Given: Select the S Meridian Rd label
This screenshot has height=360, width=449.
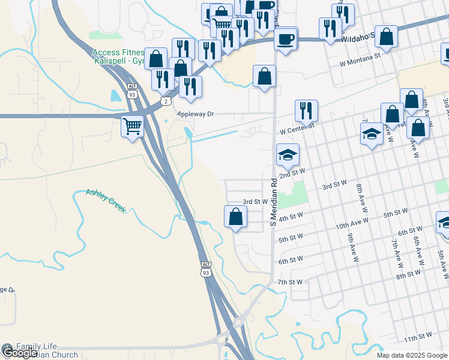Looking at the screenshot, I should coord(273,201).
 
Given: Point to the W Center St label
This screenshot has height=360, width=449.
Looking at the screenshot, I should coord(297,130).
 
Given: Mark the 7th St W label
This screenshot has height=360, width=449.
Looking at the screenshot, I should coord(290,281).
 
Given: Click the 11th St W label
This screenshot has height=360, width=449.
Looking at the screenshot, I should coord(418,339).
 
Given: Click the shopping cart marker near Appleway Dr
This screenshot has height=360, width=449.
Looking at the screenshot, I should coord(132,126).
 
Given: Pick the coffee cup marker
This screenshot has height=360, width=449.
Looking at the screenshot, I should coord(285,39).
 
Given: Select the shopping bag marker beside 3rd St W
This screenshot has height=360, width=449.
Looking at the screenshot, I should coord(236,216).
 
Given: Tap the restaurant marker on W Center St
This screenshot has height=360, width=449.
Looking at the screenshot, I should coord(306,110).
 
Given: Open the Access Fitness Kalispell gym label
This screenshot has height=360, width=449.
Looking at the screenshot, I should coord(118,57).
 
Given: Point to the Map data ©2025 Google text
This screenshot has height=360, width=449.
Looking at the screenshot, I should coord(412,355).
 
